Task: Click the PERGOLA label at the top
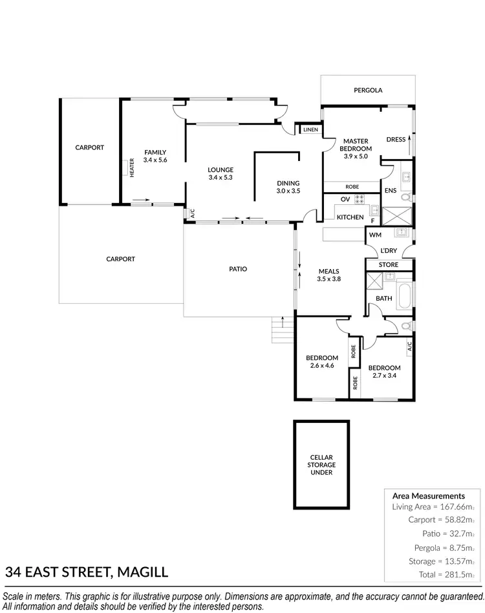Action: [x=368, y=91]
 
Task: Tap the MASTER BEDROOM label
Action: [x=356, y=148]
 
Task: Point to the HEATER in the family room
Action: [x=131, y=168]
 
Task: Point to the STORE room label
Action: [x=389, y=264]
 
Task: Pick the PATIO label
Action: [x=238, y=269]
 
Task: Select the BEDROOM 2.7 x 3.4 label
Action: [x=385, y=372]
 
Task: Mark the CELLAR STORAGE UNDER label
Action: [x=321, y=464]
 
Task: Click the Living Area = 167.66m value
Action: [x=429, y=507]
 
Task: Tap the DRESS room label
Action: [x=396, y=139]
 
